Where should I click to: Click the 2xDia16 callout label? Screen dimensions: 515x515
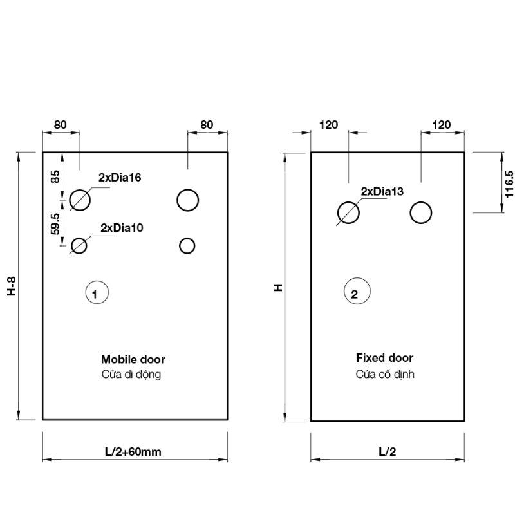pyautogui.click(x=120, y=178)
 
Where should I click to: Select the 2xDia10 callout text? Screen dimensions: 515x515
pyautogui.click(x=122, y=228)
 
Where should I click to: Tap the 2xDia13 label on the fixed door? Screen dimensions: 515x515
pyautogui.click(x=382, y=191)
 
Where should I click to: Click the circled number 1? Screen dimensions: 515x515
pyautogui.click(x=97, y=293)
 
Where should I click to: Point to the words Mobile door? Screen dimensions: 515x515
pyautogui.click(x=133, y=360)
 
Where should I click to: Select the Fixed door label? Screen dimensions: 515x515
pyautogui.click(x=384, y=358)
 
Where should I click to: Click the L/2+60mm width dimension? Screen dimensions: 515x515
pyautogui.click(x=133, y=452)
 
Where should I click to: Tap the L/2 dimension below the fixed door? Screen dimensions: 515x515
pyautogui.click(x=387, y=452)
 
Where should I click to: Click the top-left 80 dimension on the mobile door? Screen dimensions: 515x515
pyautogui.click(x=60, y=125)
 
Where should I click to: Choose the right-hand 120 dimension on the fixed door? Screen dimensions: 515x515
pyautogui.click(x=441, y=125)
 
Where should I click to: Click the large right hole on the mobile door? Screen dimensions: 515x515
pyautogui.click(x=188, y=200)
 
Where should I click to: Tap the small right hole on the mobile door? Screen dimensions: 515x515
pyautogui.click(x=187, y=245)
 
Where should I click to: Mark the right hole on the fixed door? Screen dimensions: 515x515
pyautogui.click(x=421, y=212)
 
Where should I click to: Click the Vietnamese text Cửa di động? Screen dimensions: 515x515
pyautogui.click(x=131, y=375)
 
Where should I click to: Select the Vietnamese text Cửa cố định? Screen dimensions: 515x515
pyautogui.click(x=385, y=374)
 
